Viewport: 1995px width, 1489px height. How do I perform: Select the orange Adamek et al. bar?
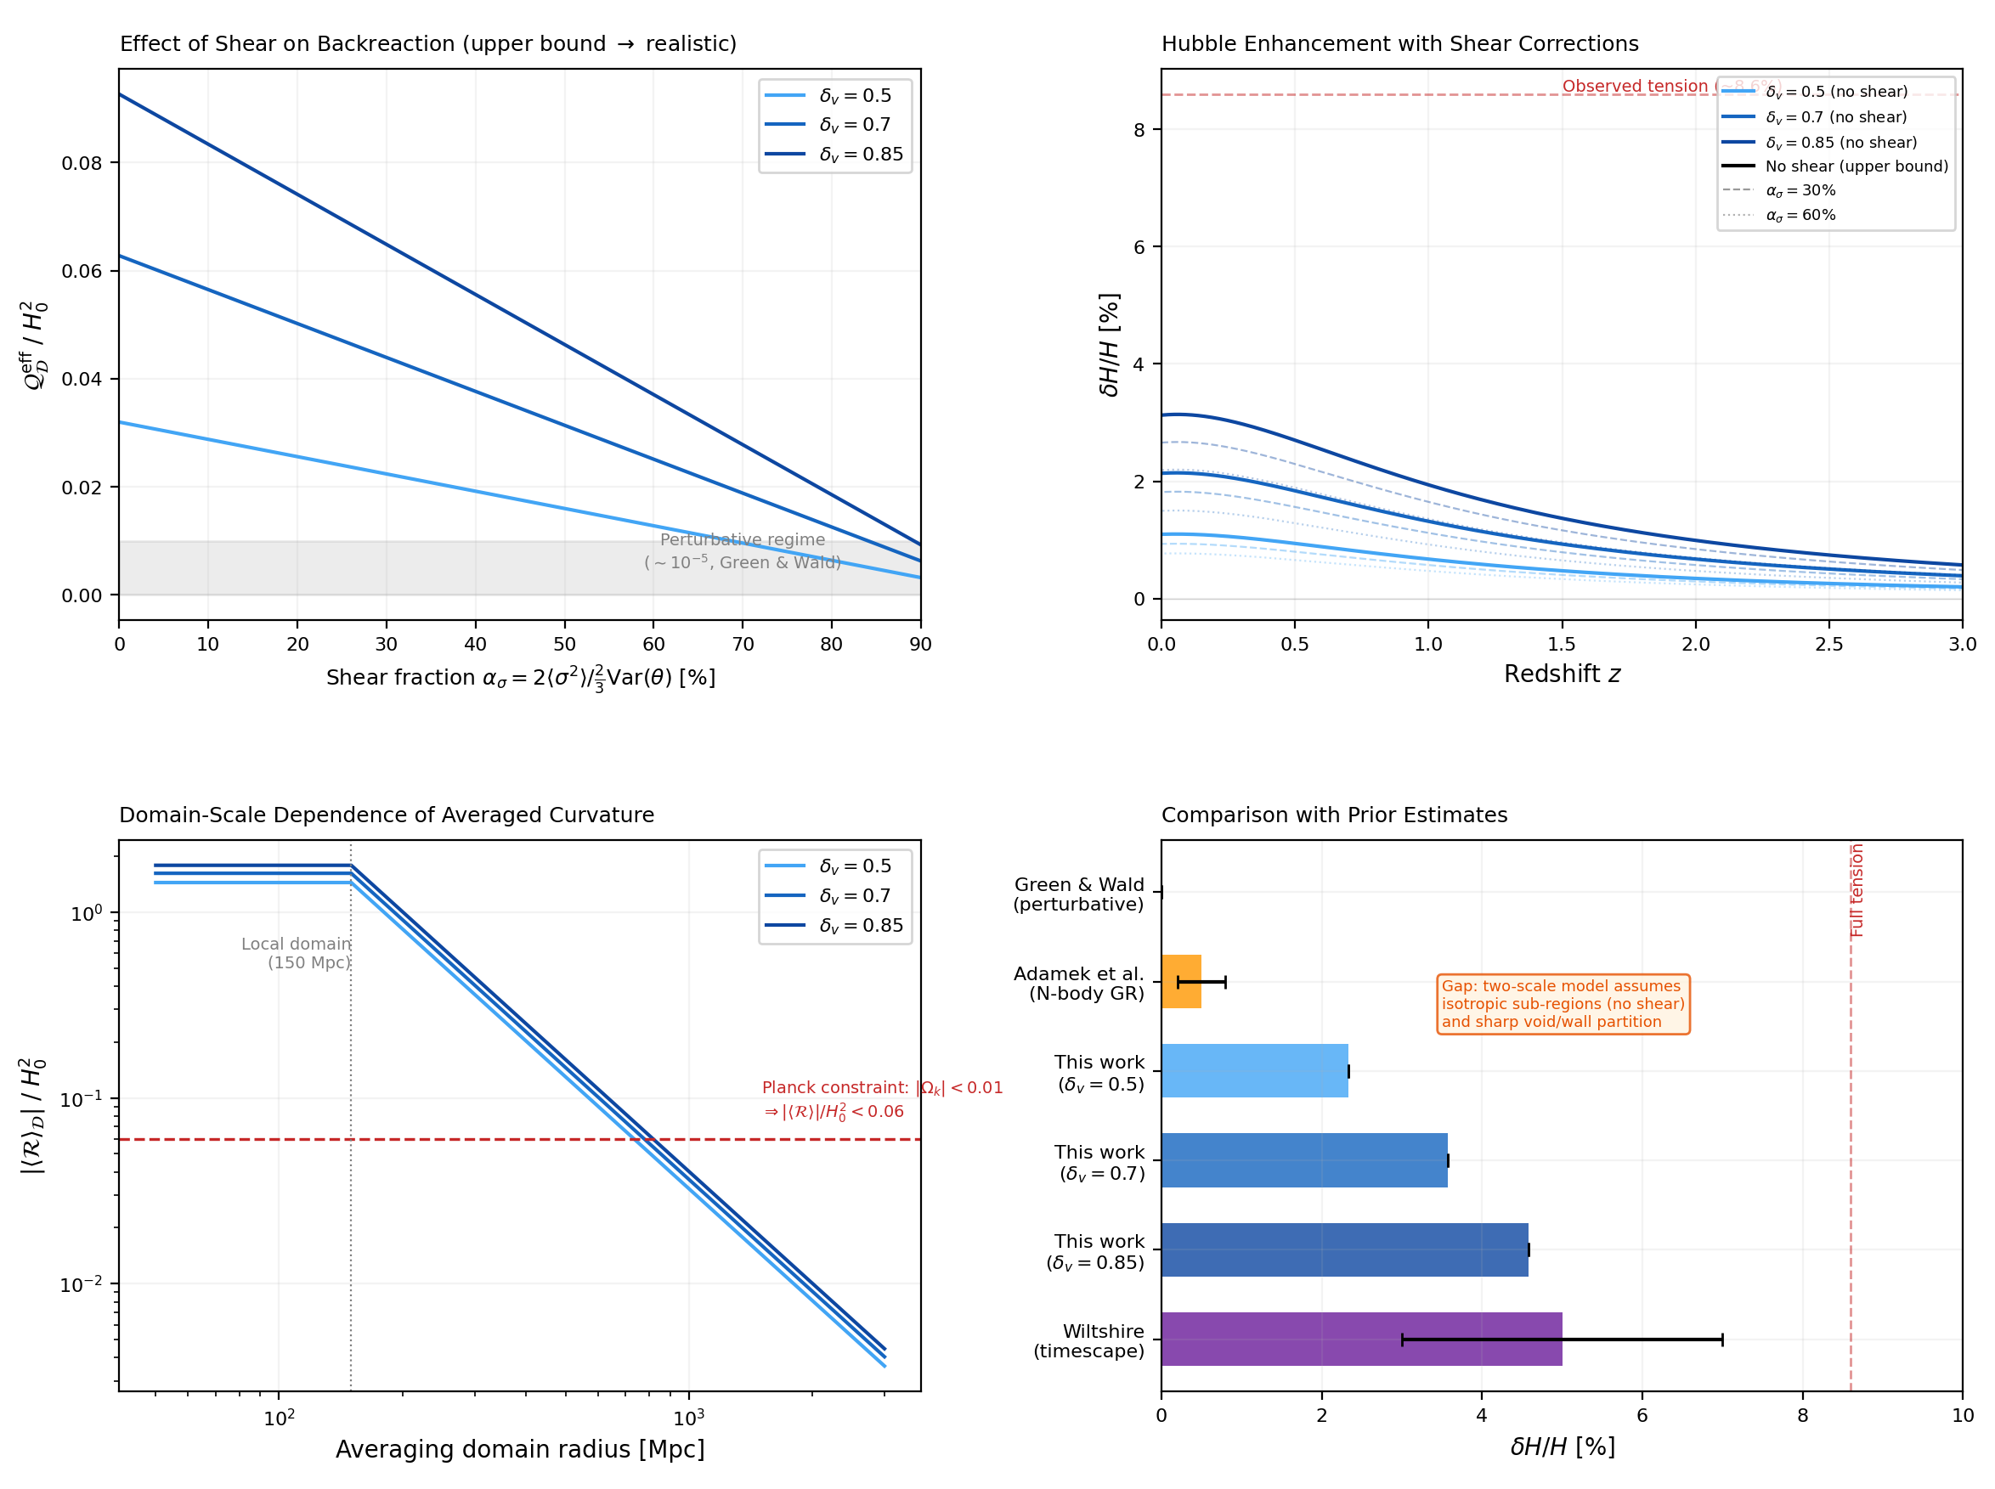click(x=1180, y=982)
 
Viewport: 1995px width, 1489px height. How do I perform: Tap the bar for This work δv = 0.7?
click(x=1303, y=1160)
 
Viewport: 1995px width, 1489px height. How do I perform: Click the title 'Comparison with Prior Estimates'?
click(x=1333, y=815)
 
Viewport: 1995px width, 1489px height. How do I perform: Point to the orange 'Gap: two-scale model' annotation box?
click(x=1562, y=1003)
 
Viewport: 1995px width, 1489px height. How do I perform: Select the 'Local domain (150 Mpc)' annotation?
click(x=296, y=953)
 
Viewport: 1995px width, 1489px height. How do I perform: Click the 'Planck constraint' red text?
click(x=881, y=1099)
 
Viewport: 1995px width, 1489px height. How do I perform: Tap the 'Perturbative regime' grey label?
click(x=742, y=550)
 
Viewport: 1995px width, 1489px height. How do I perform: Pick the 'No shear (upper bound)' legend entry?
click(x=1856, y=166)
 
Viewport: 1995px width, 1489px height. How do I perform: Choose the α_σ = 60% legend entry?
click(x=1800, y=216)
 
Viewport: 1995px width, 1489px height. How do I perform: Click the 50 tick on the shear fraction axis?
click(x=564, y=644)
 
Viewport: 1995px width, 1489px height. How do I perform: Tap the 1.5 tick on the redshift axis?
click(x=1562, y=644)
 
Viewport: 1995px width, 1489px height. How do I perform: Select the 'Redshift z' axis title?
click(x=1562, y=674)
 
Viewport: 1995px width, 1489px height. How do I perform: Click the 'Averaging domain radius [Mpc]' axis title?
click(x=519, y=1448)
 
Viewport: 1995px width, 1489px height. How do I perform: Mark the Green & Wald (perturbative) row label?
click(x=1078, y=894)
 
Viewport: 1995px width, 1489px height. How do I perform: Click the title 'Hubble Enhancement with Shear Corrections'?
click(x=1399, y=43)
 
